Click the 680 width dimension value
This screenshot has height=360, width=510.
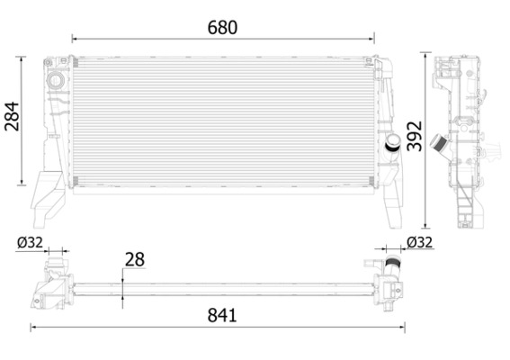coord(222,27)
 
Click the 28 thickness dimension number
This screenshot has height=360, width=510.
coord(134,259)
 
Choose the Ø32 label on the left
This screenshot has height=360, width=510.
coord(30,241)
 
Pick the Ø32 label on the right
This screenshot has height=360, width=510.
coord(420,241)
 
